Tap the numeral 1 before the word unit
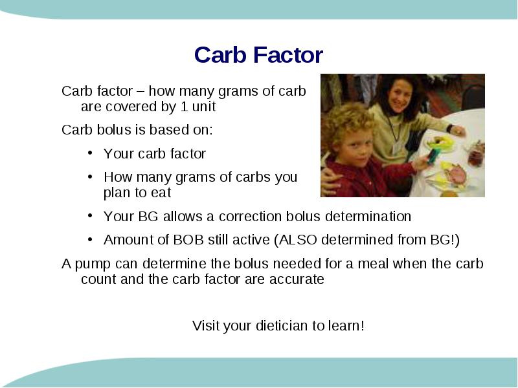[x=184, y=107]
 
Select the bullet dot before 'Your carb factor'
[x=90, y=153]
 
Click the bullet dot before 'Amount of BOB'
[x=90, y=239]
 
